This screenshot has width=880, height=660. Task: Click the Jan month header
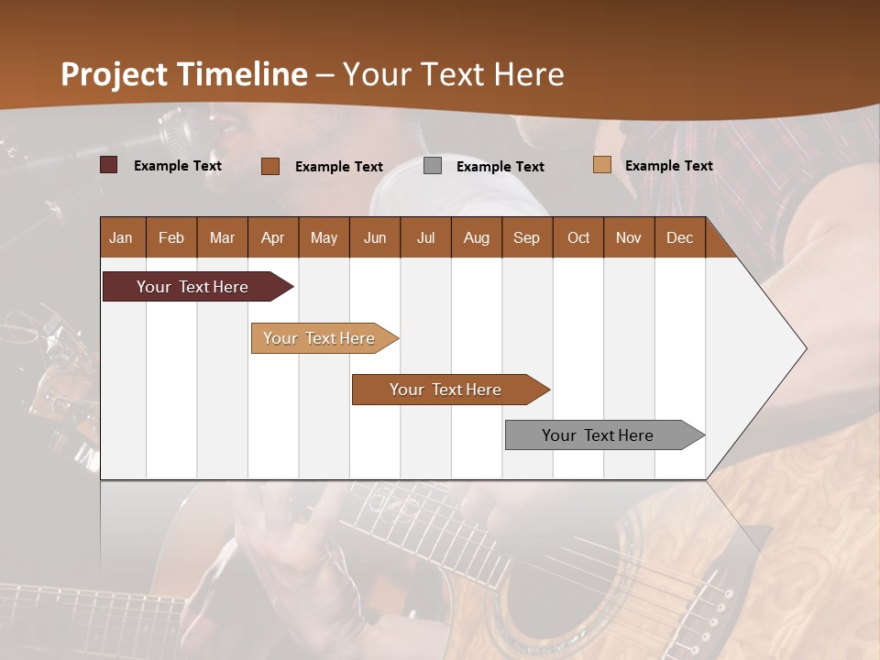[121, 237]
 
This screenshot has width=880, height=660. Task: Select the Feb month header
[171, 237]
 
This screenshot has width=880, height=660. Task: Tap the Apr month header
[272, 237]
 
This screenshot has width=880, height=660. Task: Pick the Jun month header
[375, 237]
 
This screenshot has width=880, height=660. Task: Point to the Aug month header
[476, 237]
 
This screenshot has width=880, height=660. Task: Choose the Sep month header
[526, 237]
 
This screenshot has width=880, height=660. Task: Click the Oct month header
[578, 237]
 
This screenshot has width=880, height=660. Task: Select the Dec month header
[679, 237]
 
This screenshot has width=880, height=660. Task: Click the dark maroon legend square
[109, 165]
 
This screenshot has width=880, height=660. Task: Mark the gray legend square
[433, 166]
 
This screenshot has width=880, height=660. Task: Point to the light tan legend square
[602, 165]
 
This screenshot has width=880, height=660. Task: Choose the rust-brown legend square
[270, 166]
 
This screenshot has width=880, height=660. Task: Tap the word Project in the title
[115, 74]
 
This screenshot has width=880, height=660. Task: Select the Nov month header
[629, 237]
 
